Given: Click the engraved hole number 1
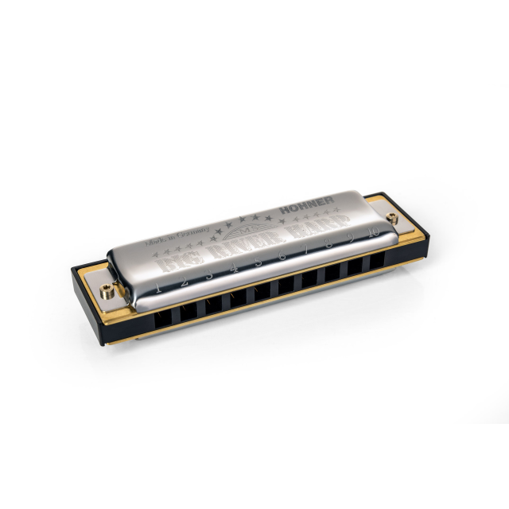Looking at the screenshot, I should [x=158, y=287].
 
